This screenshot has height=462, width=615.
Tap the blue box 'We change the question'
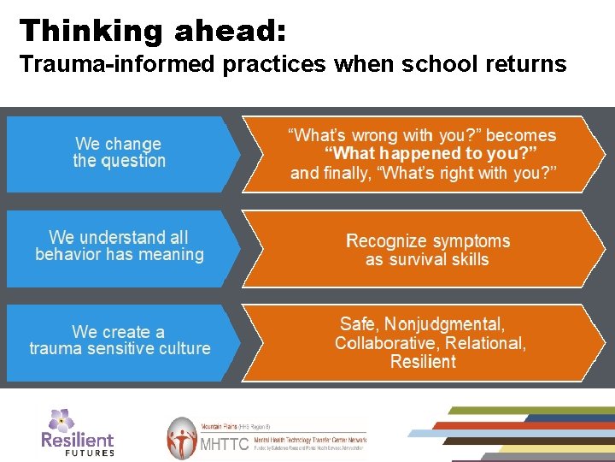(119, 152)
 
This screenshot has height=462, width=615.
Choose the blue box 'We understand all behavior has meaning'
(119, 246)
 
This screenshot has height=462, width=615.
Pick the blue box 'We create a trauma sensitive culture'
(119, 341)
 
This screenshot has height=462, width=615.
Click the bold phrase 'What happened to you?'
(430, 154)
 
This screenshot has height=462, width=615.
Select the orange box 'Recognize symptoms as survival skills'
(427, 250)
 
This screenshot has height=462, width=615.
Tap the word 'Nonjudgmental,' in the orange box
(445, 324)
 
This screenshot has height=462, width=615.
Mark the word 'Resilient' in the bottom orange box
(423, 362)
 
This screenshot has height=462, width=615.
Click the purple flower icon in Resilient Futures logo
(61, 419)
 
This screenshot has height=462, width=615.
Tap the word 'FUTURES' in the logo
(90, 453)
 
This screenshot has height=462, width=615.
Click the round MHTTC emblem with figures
(181, 438)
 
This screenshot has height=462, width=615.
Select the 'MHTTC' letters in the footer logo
(224, 444)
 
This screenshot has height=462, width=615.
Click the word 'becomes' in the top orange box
(520, 135)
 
